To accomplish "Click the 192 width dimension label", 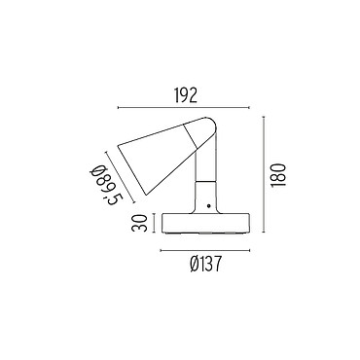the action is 186,95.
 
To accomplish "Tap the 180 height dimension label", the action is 279,175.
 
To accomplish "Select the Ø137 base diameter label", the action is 205,264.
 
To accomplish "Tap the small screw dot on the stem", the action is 208,205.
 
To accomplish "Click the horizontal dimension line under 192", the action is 184,107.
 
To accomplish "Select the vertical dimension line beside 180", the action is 264,174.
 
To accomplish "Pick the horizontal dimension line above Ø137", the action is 205,250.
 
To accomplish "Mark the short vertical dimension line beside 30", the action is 155,223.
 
